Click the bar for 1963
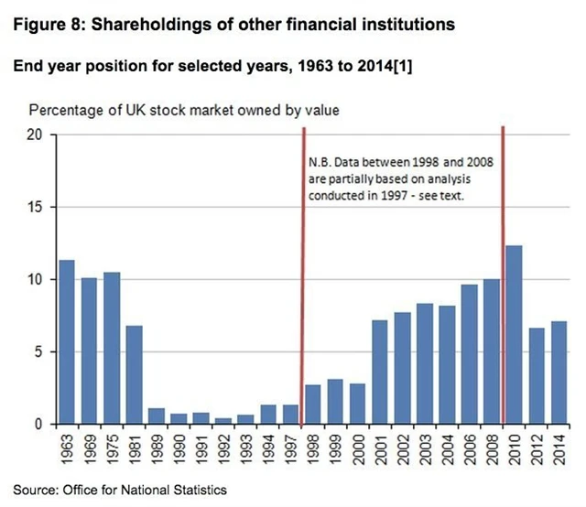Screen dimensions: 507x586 click(67, 342)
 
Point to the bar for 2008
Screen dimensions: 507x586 click(492, 351)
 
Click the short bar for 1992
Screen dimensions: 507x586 click(223, 421)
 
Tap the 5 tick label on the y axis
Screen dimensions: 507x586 click(41, 351)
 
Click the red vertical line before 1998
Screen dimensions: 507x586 click(302, 275)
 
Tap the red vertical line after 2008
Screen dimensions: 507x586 click(504, 275)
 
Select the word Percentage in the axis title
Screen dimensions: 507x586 click(65, 111)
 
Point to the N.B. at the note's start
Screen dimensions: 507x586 click(320, 162)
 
